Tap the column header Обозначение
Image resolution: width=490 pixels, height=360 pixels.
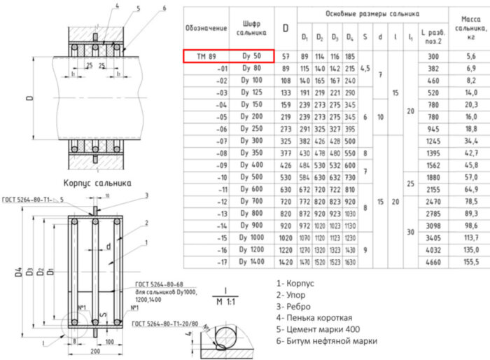(206, 28)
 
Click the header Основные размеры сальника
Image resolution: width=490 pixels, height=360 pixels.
(372, 13)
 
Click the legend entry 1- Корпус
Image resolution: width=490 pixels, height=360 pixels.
(296, 284)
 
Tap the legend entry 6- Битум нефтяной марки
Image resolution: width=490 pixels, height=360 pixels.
(326, 341)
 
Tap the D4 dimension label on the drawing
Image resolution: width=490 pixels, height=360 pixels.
(10, 270)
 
